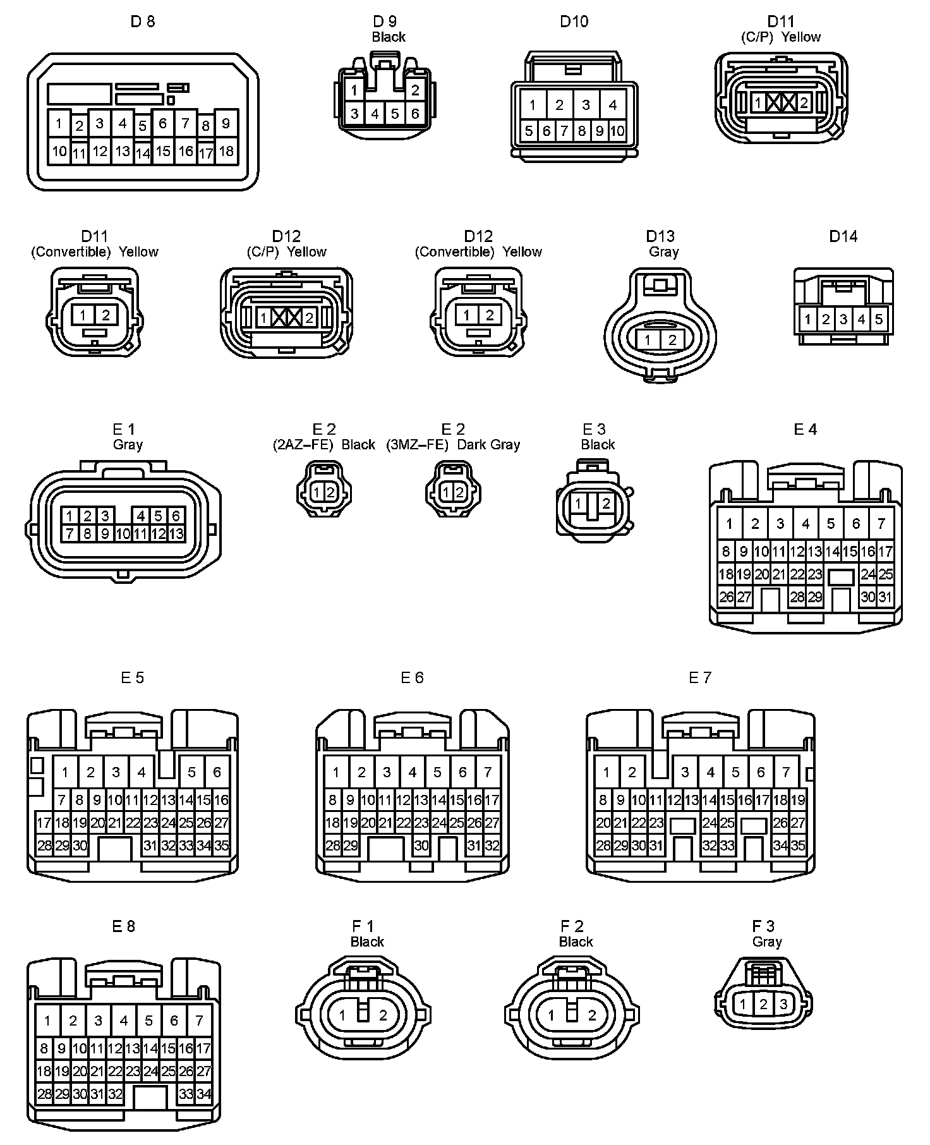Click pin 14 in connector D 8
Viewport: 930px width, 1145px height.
[143, 153]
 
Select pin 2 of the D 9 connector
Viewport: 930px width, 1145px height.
[415, 90]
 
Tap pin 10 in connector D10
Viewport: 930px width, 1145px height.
[617, 131]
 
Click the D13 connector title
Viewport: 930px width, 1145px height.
[660, 236]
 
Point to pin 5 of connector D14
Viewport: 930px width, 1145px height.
[879, 319]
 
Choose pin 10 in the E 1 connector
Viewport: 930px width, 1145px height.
[123, 534]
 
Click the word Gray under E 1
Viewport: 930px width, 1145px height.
[128, 444]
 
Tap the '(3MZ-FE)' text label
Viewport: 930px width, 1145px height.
[417, 444]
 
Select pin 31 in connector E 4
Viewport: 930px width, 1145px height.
[885, 597]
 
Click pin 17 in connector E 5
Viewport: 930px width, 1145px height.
[44, 823]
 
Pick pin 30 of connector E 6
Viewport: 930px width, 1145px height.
[421, 845]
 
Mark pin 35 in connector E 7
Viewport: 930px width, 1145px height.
[798, 845]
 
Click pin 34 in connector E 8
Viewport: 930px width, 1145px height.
[203, 1094]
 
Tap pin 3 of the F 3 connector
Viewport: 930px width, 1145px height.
[783, 1004]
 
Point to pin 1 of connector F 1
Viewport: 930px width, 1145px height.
[342, 1015]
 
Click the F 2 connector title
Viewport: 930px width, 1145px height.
[572, 926]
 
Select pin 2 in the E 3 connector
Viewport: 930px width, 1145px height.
[606, 504]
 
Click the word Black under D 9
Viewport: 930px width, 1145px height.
[389, 37]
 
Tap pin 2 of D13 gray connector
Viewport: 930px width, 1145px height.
[672, 341]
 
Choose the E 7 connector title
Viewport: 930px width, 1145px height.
[700, 677]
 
